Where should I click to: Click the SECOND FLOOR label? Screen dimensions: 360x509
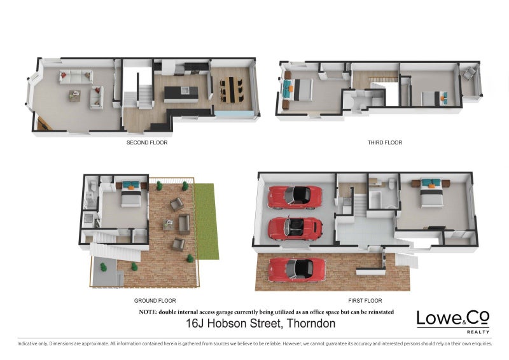[x=147, y=142]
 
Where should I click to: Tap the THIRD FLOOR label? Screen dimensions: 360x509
[x=385, y=142]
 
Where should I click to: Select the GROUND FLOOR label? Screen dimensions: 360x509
[x=155, y=300]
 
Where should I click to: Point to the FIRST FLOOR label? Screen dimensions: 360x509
[x=365, y=300]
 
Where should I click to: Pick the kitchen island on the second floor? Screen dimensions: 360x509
[x=181, y=94]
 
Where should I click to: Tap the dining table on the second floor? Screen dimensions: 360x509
[x=230, y=89]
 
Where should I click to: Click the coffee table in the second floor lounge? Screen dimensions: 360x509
[x=76, y=95]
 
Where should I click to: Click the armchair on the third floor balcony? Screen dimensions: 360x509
[x=470, y=74]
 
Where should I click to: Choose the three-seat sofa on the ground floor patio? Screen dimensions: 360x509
[x=185, y=223]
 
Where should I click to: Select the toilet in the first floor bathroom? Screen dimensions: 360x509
[x=392, y=185]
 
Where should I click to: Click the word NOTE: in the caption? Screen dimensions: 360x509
[x=148, y=312]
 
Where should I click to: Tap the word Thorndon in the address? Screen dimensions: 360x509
[x=311, y=324]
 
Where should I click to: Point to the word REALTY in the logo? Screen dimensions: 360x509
[x=479, y=332]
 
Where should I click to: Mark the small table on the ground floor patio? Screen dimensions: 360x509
[x=169, y=224]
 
